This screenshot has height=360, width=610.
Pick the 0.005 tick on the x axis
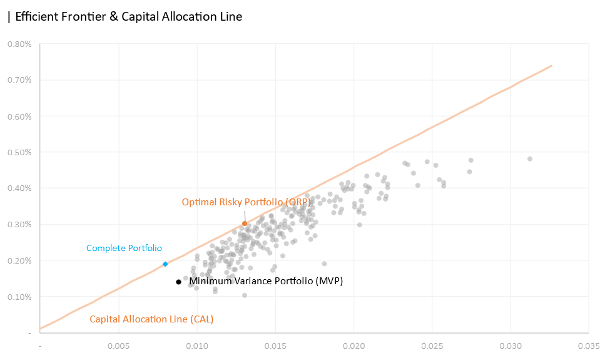pyautogui.click(x=118, y=345)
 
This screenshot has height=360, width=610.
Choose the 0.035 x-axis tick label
pyautogui.click(x=589, y=345)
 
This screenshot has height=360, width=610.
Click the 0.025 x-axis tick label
pyautogui.click(x=432, y=345)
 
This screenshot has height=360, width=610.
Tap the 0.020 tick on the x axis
pyautogui.click(x=354, y=345)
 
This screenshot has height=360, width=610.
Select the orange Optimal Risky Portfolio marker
pyautogui.click(x=245, y=224)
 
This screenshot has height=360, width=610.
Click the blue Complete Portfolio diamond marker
pyautogui.click(x=165, y=264)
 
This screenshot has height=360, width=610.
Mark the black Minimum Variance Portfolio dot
pyautogui.click(x=178, y=282)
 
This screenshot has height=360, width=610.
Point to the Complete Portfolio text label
pyautogui.click(x=124, y=248)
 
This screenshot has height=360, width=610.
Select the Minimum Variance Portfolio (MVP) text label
pyautogui.click(x=267, y=281)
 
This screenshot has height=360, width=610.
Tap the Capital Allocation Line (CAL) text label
pyautogui.click(x=151, y=319)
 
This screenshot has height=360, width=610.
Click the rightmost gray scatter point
pyautogui.click(x=530, y=159)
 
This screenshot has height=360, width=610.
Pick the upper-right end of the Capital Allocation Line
pyautogui.click(x=552, y=65)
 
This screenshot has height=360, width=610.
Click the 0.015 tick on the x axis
pyautogui.click(x=275, y=345)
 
